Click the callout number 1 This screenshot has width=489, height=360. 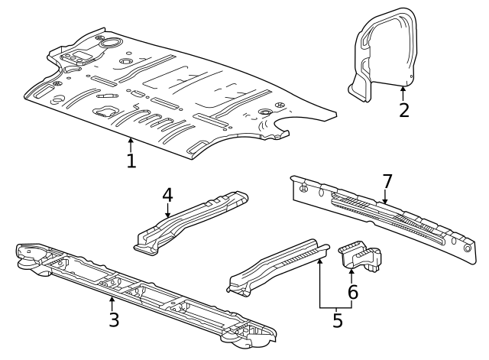click(131, 161)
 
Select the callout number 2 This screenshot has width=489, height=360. click(404, 109)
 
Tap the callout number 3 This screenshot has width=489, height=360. click(113, 319)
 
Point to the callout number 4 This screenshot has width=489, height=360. click(168, 194)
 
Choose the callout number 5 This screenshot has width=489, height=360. click(337, 320)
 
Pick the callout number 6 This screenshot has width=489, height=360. click(352, 291)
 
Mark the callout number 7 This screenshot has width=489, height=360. click(387, 182)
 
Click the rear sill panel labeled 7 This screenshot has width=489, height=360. click(382, 218)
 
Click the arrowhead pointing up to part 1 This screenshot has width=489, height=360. click(131, 140)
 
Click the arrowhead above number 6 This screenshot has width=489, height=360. click(351, 268)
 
